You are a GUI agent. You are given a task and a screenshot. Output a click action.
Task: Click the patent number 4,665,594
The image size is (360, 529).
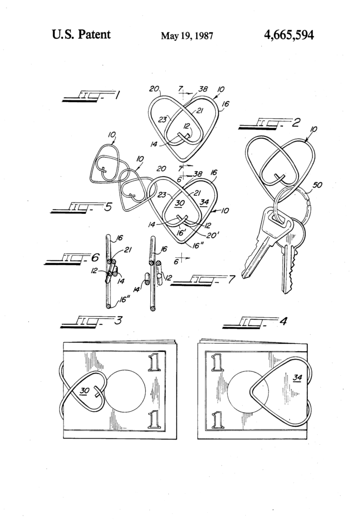tap(288, 35)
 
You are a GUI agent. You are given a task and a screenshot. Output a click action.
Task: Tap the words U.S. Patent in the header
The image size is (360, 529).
tap(81, 35)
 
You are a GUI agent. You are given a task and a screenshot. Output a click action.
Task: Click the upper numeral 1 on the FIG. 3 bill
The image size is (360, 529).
tap(153, 363)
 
